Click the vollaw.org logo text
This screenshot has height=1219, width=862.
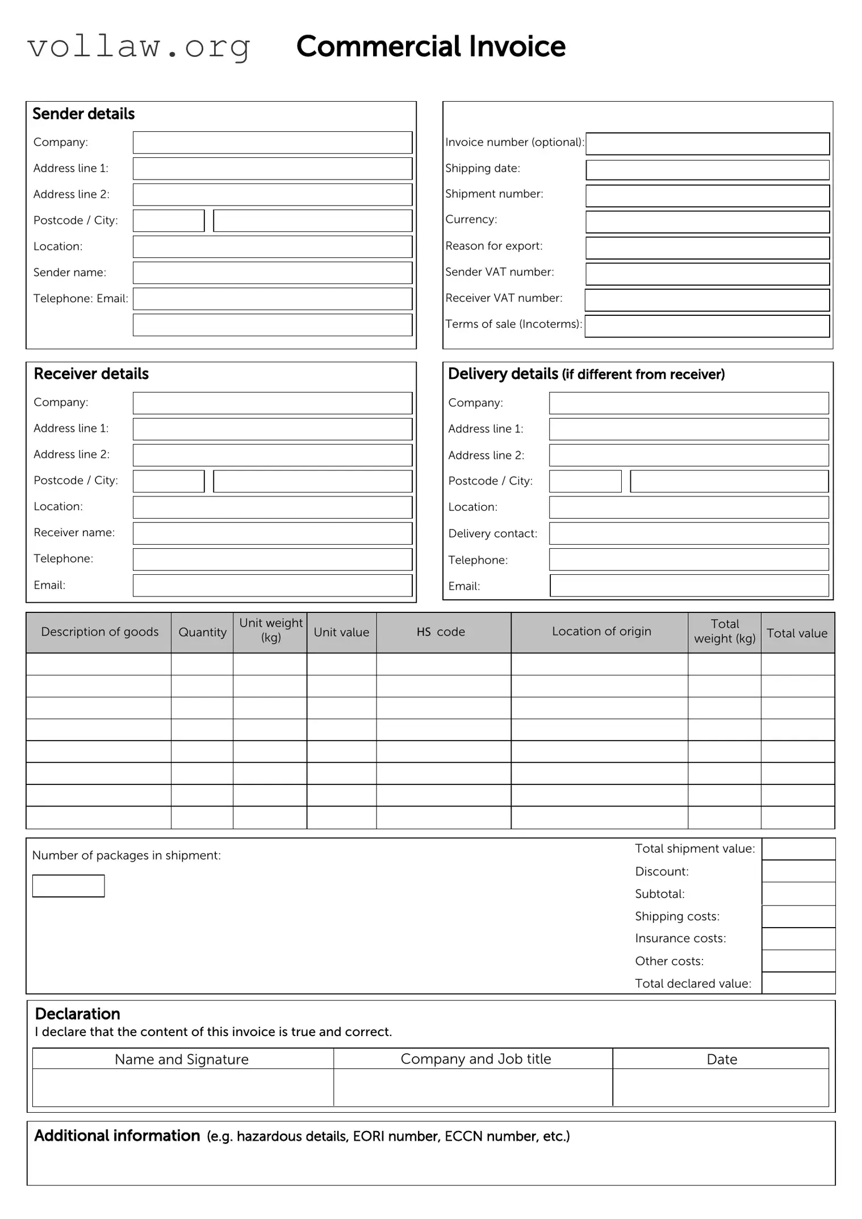click(139, 47)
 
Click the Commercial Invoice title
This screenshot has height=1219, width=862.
click(430, 47)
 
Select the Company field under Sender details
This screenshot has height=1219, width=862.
click(272, 143)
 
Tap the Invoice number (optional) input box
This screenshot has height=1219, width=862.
click(707, 144)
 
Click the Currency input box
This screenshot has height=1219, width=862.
click(707, 222)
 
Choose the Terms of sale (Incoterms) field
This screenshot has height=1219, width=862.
click(707, 326)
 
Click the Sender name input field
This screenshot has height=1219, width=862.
click(272, 273)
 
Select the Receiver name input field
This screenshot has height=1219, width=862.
click(272, 533)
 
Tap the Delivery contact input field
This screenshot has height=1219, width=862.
click(688, 533)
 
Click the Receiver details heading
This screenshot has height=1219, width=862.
click(91, 374)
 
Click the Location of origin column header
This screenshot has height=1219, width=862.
click(601, 631)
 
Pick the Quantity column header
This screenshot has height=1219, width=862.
click(202, 632)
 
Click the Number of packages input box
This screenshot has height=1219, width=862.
click(68, 886)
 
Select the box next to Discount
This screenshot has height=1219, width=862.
click(798, 871)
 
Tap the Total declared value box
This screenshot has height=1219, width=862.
click(798, 983)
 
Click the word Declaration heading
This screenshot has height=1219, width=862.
click(77, 1014)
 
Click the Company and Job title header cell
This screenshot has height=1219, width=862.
click(475, 1059)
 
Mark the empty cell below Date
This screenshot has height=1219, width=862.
click(721, 1087)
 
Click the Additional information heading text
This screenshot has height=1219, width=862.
click(117, 1135)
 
